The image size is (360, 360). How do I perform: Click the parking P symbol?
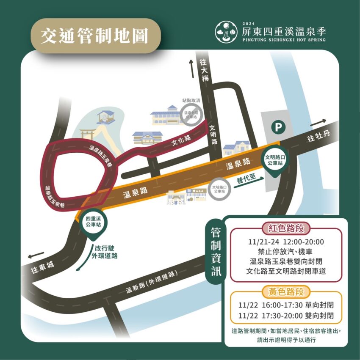point(277,126)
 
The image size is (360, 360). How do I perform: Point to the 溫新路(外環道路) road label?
point(151,283)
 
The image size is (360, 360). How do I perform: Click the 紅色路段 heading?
point(286,229)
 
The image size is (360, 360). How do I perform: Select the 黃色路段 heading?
point(286,291)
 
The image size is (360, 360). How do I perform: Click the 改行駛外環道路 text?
point(106,252)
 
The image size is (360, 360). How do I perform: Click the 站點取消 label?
point(191,101)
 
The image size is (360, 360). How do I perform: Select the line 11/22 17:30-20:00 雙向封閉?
point(286,316)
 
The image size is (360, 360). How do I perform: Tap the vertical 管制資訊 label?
point(216,253)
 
